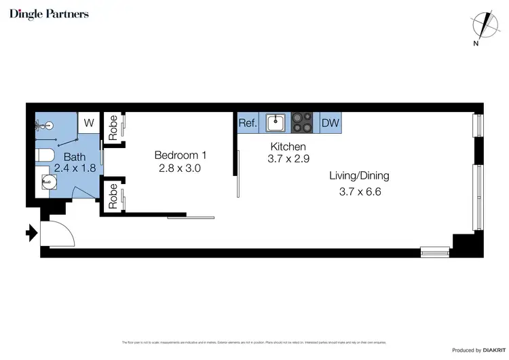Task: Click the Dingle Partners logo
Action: [49, 14]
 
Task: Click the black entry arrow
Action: [31, 234]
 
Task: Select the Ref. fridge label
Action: [248, 124]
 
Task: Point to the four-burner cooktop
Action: [303, 123]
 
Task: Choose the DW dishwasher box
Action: [330, 124]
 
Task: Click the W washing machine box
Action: [89, 123]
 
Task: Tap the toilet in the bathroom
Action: [44, 156]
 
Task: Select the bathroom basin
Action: [48, 182]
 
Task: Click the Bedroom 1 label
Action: [179, 155]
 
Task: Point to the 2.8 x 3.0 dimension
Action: [179, 168]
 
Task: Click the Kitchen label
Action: [288, 147]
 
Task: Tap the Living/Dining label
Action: [359, 176]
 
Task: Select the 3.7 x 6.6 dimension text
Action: [360, 192]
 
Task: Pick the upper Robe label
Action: [113, 127]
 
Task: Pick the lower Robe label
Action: [113, 195]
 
